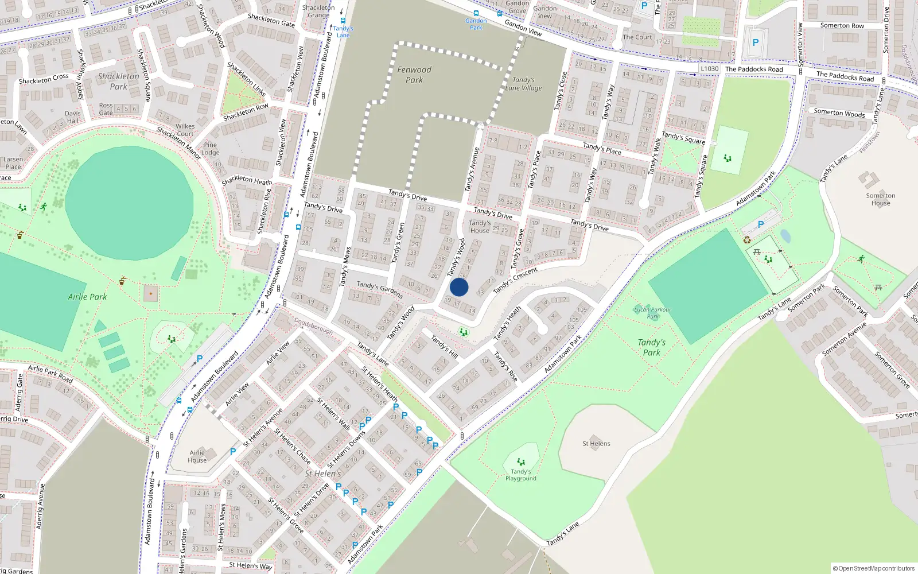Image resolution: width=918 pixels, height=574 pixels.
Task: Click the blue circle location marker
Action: (x=459, y=287)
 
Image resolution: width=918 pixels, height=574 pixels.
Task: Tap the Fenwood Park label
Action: (x=414, y=75)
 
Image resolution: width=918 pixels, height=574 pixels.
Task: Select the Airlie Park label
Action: (x=87, y=297)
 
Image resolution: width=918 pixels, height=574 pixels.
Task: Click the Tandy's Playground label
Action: (x=521, y=475)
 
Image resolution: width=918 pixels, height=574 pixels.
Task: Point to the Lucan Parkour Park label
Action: (x=653, y=313)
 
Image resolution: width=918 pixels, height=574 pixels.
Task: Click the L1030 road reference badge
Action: (x=710, y=68)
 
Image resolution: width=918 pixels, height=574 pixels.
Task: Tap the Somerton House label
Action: (x=881, y=199)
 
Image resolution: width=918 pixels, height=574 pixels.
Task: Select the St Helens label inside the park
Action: (x=596, y=444)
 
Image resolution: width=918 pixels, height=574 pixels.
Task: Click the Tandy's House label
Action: (x=480, y=227)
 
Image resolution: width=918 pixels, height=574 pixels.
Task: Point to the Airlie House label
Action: (x=197, y=456)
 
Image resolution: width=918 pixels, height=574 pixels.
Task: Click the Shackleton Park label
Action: (x=118, y=81)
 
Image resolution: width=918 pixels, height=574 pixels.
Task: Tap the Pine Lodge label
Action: (x=211, y=149)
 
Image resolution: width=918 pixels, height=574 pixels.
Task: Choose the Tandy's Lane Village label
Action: (x=523, y=84)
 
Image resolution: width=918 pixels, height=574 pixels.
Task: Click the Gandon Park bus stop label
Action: (x=476, y=24)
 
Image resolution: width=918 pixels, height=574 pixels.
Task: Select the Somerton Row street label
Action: (x=842, y=26)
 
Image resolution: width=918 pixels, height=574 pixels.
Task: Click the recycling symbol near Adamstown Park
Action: (x=747, y=240)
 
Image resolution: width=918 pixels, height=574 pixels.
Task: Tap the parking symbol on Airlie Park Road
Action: (x=200, y=359)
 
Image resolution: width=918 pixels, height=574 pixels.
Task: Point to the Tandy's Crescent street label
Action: (x=515, y=280)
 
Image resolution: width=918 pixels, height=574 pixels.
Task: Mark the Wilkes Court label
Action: (x=185, y=130)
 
